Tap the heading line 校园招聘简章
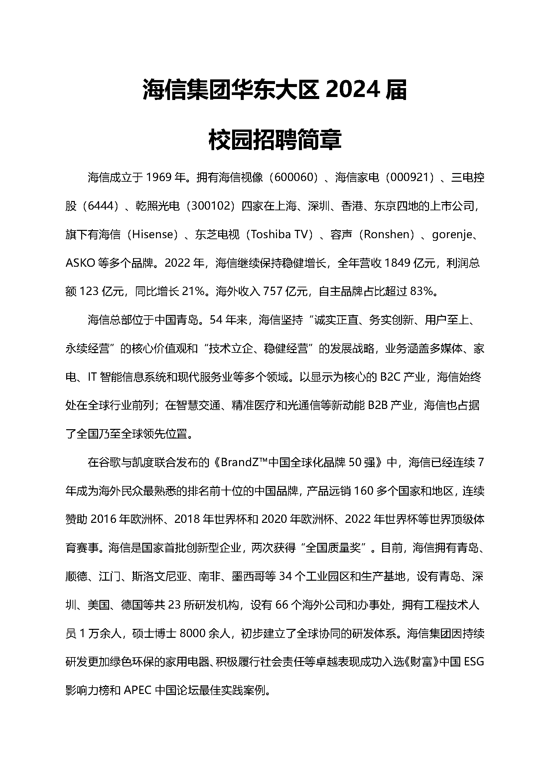tap(275, 140)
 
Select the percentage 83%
tap(422, 291)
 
